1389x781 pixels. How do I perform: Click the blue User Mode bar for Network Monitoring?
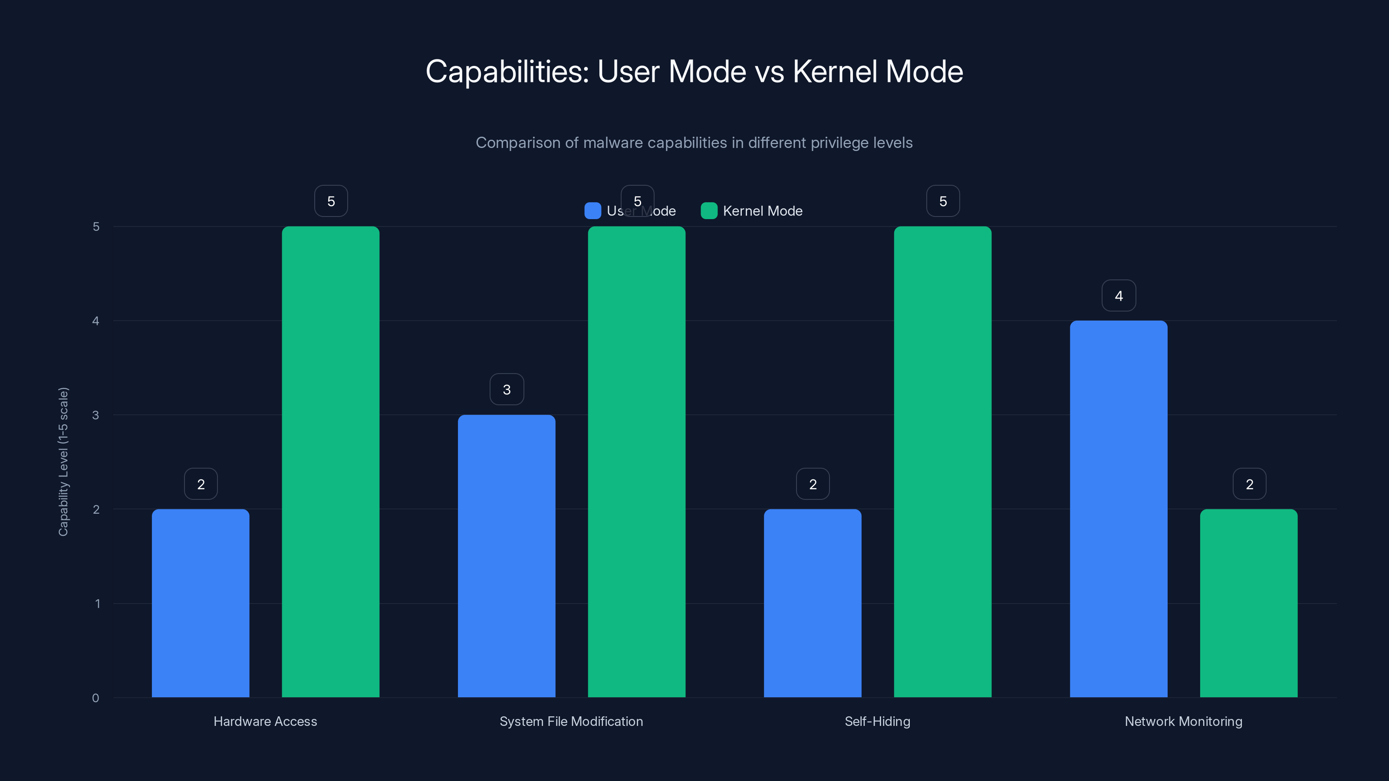coord(1118,509)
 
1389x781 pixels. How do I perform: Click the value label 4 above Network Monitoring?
coord(1119,296)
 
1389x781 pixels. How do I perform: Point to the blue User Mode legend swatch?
coord(592,211)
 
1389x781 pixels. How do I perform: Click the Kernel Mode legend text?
coord(763,211)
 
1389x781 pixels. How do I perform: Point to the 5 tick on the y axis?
coord(96,227)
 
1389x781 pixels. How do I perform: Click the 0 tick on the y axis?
coord(95,698)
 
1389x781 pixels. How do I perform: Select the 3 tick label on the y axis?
coord(95,415)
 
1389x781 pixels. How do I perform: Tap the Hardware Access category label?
coord(265,721)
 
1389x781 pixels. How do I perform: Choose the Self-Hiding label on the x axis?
coord(877,721)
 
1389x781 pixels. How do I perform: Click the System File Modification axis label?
coord(571,721)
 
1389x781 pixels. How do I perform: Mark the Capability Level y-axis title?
coord(63,461)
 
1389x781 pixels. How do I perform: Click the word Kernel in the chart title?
coord(835,72)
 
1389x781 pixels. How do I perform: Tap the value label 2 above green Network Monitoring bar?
coord(1249,484)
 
